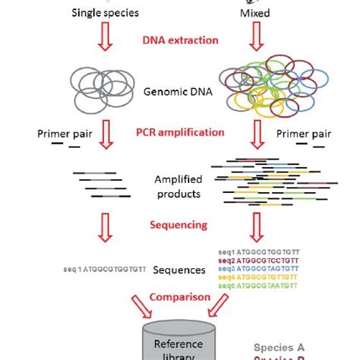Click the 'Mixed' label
[256, 13]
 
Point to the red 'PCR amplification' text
[180, 131]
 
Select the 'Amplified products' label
[178, 187]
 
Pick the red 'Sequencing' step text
[179, 226]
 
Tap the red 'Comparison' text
[179, 297]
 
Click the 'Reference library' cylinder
[180, 342]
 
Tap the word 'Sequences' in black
[179, 270]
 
